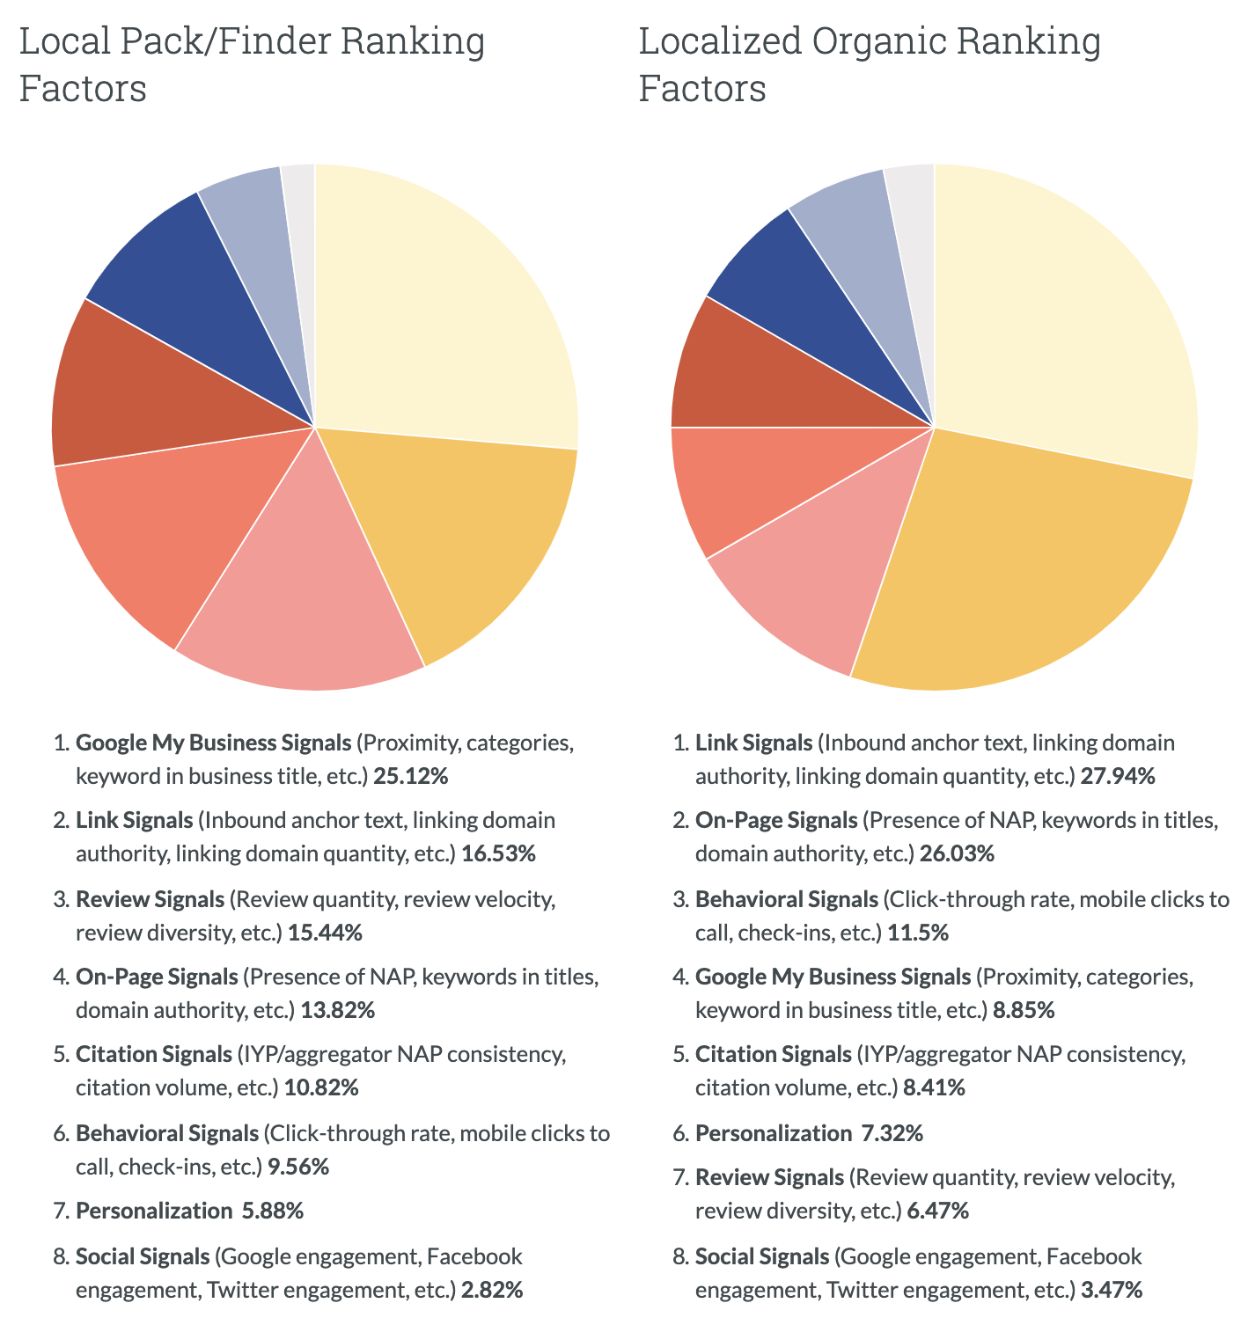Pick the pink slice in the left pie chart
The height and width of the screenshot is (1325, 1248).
(x=304, y=598)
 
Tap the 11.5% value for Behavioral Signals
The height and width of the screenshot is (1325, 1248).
(x=917, y=933)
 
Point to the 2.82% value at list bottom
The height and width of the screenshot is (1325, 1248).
(x=492, y=1291)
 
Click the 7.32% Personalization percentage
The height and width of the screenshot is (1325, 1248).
(x=892, y=1133)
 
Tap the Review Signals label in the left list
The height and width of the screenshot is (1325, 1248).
(x=150, y=899)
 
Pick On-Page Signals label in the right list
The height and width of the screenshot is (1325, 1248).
(x=775, y=820)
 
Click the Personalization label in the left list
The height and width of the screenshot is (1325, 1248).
(x=153, y=1211)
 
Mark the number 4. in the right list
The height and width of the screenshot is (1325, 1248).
(x=679, y=977)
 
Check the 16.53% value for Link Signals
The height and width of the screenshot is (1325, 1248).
(x=498, y=853)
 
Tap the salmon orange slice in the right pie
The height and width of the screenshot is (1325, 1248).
(x=739, y=484)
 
